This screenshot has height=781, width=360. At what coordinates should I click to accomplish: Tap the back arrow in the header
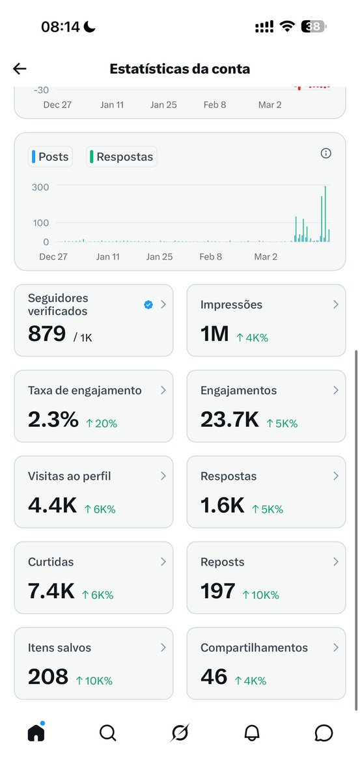click(x=20, y=69)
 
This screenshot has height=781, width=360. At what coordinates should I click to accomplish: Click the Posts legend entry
click(x=51, y=157)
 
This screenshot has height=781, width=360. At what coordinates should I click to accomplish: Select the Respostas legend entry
click(x=122, y=157)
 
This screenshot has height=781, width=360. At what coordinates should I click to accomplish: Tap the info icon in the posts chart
click(x=326, y=154)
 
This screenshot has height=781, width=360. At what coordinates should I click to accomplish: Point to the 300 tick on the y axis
click(x=41, y=187)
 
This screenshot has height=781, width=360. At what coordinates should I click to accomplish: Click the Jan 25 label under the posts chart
click(x=159, y=257)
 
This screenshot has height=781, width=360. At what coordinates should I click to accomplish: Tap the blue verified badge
click(x=148, y=305)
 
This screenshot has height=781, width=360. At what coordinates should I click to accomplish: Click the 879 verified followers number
click(x=47, y=334)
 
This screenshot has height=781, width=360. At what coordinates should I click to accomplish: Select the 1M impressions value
click(x=215, y=334)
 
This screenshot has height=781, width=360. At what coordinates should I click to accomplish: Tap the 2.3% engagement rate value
click(x=53, y=420)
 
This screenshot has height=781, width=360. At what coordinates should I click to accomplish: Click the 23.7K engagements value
click(x=230, y=420)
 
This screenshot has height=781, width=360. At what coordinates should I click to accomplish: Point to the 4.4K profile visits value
click(x=52, y=506)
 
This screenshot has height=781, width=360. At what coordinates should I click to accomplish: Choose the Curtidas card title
click(x=51, y=562)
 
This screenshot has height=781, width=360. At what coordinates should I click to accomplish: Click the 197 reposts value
click(x=218, y=592)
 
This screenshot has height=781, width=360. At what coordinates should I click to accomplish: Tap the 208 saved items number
click(x=48, y=677)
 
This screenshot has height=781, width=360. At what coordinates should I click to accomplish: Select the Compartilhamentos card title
click(x=254, y=648)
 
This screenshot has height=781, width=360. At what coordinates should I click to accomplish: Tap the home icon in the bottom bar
click(x=36, y=733)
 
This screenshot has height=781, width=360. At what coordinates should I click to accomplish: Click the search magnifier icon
click(x=107, y=733)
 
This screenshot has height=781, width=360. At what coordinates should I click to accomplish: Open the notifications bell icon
click(x=252, y=733)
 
